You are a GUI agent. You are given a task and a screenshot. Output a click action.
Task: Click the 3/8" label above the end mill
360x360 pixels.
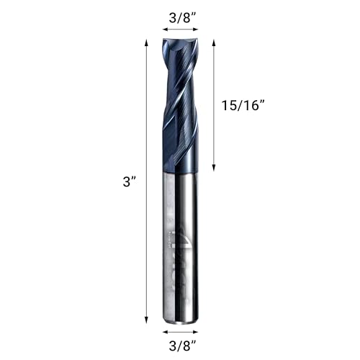click(179, 15)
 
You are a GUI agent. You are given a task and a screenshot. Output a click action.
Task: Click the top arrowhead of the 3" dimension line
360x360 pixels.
click(148, 42)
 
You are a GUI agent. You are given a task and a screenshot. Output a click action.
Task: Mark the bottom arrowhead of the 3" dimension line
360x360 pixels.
click(148, 318)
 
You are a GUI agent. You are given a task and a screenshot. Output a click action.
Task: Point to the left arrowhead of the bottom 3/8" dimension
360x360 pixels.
click(165, 330)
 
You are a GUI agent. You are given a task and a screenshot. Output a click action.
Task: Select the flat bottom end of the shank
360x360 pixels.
click(180, 320)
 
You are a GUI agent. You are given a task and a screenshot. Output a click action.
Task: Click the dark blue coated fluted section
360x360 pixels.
click(179, 108)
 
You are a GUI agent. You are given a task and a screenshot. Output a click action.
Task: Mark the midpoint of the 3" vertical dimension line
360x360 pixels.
click(148, 180)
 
